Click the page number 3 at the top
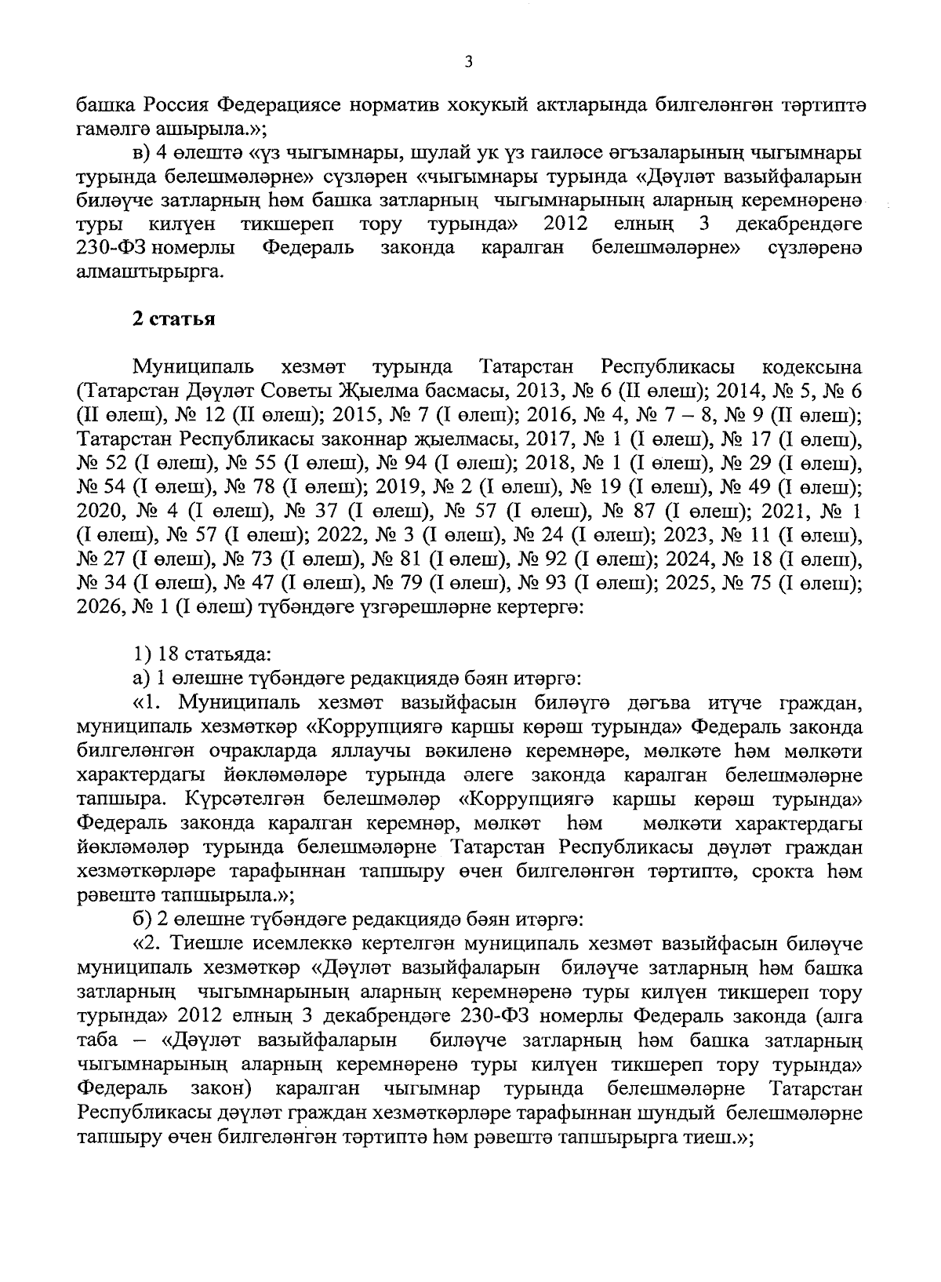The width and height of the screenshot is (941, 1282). pos(468,62)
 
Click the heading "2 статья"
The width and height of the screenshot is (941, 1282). pos(173,319)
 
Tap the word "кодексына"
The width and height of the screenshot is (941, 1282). pos(812,367)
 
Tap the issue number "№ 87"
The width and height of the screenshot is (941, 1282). pos(629,512)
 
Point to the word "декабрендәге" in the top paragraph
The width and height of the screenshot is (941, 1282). pos(800,224)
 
